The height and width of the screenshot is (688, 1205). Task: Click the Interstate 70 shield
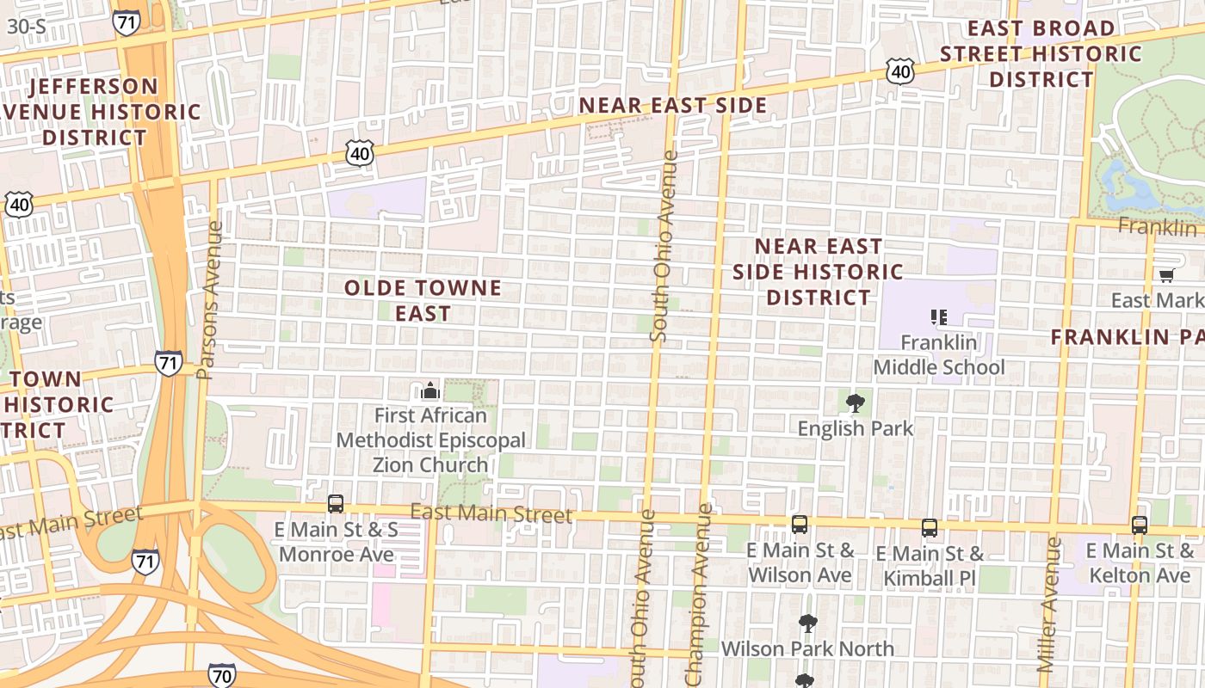(221, 676)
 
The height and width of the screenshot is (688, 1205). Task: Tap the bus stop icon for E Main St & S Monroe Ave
(336, 504)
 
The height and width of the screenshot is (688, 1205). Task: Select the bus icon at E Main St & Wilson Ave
(800, 524)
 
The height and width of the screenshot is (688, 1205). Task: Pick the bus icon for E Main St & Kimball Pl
(930, 528)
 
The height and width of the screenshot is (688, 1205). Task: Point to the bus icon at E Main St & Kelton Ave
(1140, 525)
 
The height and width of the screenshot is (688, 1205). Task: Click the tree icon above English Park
(856, 402)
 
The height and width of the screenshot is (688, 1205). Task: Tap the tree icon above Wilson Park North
(807, 623)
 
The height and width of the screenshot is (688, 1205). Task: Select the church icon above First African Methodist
(430, 391)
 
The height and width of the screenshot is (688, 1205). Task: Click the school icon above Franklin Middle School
(939, 317)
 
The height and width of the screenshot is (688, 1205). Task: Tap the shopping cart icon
(1166, 275)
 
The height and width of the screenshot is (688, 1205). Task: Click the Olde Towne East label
(423, 300)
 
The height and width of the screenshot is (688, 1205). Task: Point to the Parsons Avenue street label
(209, 301)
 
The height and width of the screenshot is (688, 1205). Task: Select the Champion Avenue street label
(700, 593)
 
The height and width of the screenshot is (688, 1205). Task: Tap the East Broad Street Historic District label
(1041, 53)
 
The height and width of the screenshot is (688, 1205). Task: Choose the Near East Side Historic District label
(818, 272)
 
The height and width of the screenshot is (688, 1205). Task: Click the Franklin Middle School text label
(939, 355)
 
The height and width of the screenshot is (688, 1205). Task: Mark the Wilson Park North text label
(807, 648)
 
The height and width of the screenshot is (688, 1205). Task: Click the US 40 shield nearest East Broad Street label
(900, 71)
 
